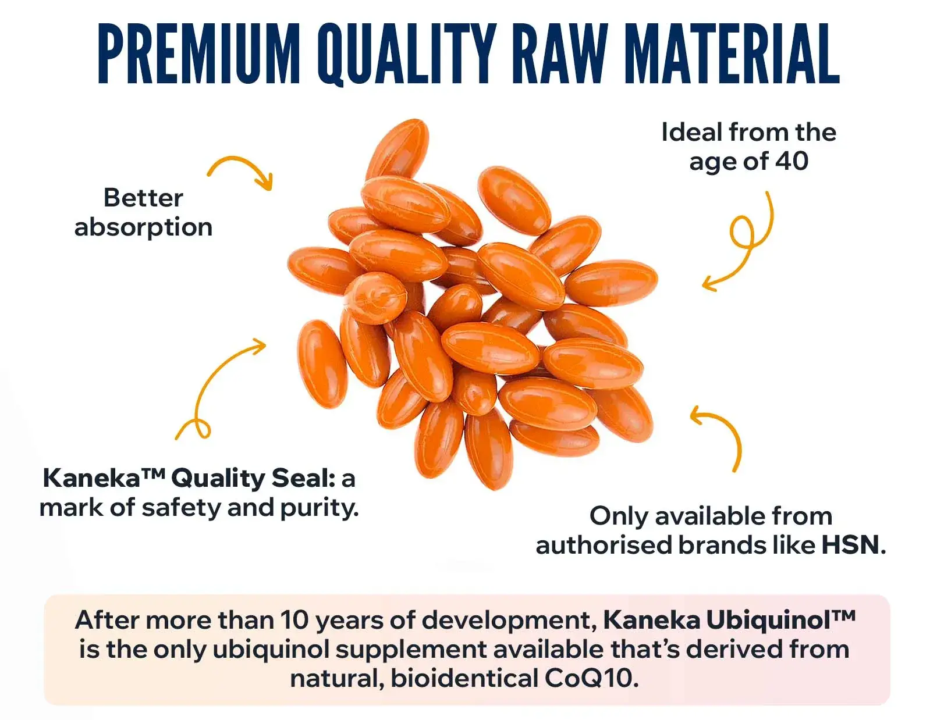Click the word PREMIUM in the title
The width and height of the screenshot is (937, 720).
[x=199, y=54]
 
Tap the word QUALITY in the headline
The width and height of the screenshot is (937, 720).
[x=407, y=54]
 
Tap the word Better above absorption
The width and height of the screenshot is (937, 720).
[x=143, y=198]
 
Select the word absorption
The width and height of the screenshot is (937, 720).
[x=143, y=228]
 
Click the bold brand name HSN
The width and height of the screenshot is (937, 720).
[x=850, y=544]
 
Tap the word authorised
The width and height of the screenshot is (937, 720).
[x=604, y=544]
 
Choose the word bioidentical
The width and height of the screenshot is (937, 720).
[x=464, y=678]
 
